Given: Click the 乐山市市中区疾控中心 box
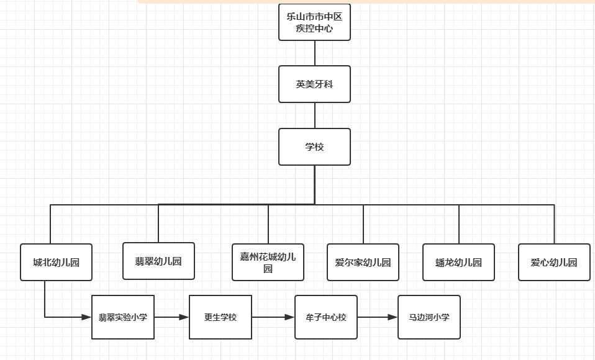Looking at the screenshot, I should tap(314, 22).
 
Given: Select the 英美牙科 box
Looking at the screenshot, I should tap(314, 84).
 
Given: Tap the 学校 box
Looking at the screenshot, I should tap(314, 147).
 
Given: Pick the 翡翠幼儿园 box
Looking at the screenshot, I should tap(158, 261).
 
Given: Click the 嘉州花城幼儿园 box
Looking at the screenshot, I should tap(268, 262).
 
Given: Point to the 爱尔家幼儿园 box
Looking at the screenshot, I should tap(363, 262).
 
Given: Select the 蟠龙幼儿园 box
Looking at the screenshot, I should tap(458, 262).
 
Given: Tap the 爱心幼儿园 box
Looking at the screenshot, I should tap(554, 262).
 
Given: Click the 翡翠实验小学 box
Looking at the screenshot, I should tap(123, 317).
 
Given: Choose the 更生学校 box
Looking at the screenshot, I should tap(220, 317).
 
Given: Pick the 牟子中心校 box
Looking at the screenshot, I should tap(326, 317).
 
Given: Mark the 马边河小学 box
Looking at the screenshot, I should tap(429, 317).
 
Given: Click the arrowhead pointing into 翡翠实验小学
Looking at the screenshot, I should tap(87, 317).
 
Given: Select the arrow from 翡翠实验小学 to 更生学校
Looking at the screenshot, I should tap(171, 317).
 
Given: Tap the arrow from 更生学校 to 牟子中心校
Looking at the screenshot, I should tap(273, 317).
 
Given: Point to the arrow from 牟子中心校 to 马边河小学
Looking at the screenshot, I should tap(378, 317).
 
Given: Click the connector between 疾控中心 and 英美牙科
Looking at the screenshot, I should tap(315, 53).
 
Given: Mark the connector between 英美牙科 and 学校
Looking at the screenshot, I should tap(315, 115).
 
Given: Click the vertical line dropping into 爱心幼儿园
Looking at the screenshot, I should tap(554, 224).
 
